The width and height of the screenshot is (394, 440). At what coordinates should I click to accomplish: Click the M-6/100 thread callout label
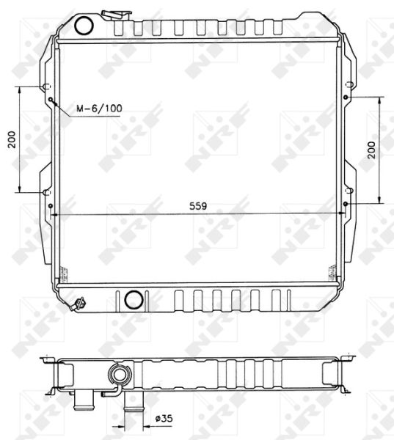(99, 109)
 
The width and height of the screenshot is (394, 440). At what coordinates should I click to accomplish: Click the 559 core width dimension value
(198, 206)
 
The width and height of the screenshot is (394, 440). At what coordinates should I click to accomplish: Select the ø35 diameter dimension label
(164, 419)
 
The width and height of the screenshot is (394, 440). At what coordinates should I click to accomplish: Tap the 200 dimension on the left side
(12, 139)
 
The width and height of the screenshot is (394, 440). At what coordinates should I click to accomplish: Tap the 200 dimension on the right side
(371, 150)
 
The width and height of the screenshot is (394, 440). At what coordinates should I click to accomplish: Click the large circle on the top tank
(84, 26)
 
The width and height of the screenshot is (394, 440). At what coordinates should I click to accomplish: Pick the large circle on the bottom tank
(134, 299)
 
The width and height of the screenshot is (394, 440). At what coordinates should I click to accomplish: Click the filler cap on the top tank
(116, 15)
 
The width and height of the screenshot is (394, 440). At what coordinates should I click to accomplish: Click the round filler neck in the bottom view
(120, 374)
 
